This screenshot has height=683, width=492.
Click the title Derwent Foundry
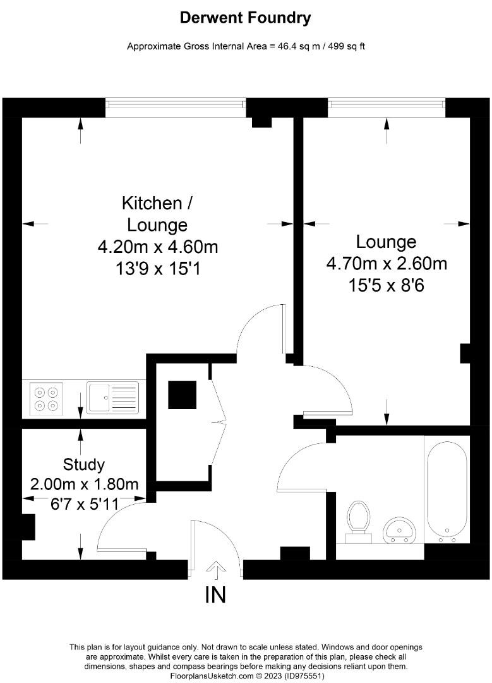point(246,18)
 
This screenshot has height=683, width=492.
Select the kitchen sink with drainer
point(113,398)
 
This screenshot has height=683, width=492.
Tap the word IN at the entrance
point(215,595)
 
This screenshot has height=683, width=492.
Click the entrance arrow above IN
point(216,570)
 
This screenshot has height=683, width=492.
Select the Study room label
point(84,465)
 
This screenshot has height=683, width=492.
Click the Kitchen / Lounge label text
point(157,214)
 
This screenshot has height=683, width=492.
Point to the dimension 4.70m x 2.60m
point(387,262)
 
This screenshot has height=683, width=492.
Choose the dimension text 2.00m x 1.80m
point(84,484)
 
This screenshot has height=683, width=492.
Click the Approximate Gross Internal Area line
point(246,46)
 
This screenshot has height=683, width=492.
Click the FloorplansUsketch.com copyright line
point(246,675)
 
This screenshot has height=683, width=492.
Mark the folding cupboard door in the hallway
point(219,421)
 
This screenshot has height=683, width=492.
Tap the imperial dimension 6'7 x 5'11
point(84,503)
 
